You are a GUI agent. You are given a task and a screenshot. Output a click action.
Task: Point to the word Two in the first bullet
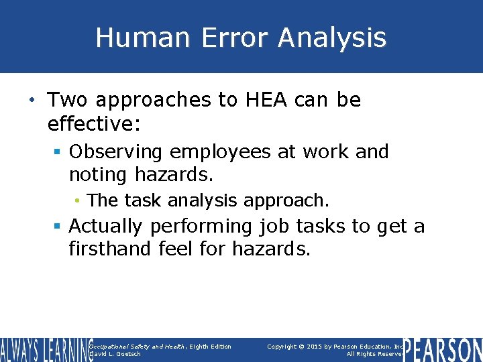(x=70, y=101)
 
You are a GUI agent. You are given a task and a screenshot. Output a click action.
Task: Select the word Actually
(x=106, y=227)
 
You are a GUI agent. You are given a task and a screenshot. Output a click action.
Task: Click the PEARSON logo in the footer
(x=443, y=350)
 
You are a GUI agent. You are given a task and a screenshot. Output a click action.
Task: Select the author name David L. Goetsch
(x=115, y=354)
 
